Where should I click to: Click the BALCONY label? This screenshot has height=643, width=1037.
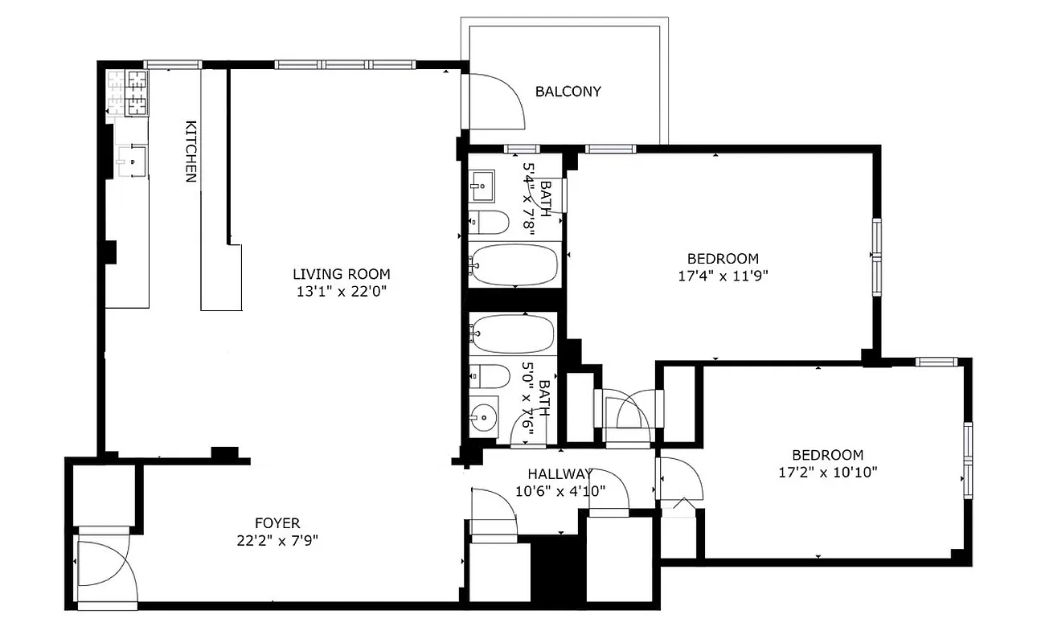[568, 92]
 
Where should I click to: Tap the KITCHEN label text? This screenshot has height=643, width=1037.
[191, 151]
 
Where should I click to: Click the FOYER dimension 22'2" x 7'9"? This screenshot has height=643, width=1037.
[273, 540]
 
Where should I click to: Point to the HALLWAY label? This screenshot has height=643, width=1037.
[559, 473]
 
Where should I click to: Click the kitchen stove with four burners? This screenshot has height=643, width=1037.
[129, 93]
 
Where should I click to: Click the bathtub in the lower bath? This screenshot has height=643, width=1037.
[514, 333]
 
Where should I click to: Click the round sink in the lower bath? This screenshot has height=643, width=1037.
[483, 417]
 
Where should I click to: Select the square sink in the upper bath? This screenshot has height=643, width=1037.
[484, 186]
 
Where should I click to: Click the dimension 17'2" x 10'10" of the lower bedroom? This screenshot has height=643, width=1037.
[827, 471]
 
